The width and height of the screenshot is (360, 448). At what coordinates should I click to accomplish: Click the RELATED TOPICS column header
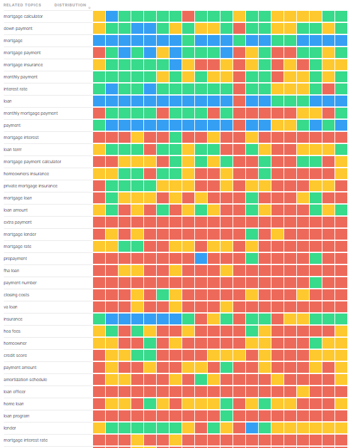click(22, 4)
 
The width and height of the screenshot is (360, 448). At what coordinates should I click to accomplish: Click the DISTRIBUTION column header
click(70, 4)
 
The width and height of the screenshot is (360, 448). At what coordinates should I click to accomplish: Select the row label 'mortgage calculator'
click(23, 16)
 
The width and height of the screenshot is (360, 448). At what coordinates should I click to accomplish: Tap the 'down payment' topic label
click(18, 28)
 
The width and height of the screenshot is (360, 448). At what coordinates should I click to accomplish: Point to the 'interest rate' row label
click(16, 89)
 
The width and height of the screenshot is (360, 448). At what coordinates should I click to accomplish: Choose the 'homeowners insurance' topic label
click(26, 173)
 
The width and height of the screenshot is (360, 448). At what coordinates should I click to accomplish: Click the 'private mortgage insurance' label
click(30, 185)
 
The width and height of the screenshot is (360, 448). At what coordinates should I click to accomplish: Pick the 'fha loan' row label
click(11, 270)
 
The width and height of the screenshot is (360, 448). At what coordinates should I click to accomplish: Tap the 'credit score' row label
click(15, 355)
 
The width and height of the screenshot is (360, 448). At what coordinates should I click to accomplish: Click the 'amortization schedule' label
click(25, 379)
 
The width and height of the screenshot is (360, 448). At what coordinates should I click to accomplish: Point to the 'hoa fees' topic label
click(12, 331)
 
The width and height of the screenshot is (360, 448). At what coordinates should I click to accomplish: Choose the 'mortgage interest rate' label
click(25, 440)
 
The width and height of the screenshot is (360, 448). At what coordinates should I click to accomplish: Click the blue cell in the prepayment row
click(201, 258)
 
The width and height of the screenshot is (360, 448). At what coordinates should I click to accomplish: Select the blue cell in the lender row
click(252, 428)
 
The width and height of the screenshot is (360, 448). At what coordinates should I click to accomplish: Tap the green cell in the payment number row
click(315, 282)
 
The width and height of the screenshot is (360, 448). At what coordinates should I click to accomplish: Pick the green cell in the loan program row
click(226, 415)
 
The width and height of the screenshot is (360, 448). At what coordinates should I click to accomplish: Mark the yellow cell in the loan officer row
click(303, 391)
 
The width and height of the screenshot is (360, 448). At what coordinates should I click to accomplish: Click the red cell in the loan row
click(239, 101)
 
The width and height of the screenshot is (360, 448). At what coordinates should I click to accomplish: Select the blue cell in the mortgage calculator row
click(112, 16)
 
